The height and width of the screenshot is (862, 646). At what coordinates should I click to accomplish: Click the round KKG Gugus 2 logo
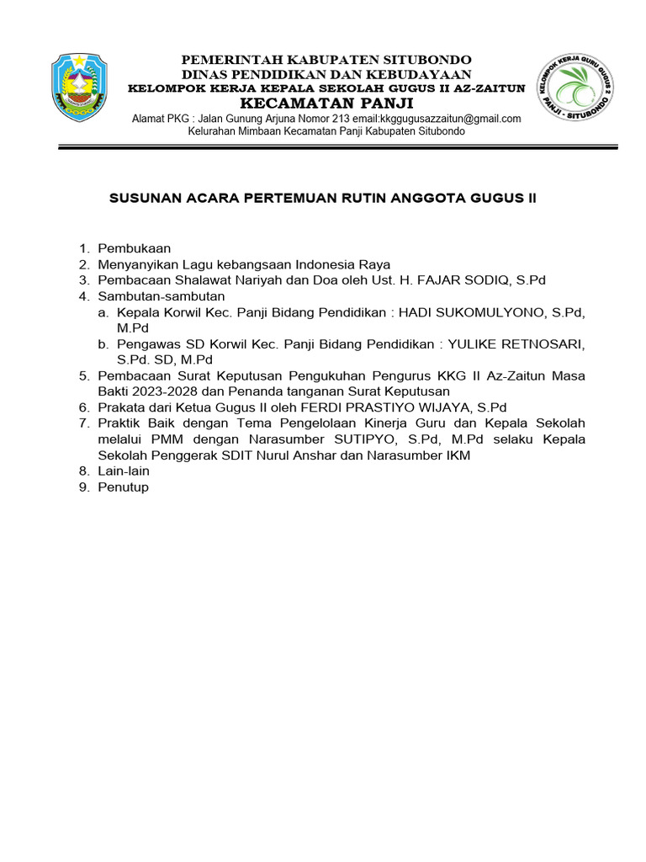tap(575, 88)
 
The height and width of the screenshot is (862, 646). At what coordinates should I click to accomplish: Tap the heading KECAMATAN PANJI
tap(327, 103)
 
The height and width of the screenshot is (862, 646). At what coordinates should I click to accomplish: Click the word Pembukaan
tap(135, 248)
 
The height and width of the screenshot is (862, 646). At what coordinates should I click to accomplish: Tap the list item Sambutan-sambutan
tap(161, 296)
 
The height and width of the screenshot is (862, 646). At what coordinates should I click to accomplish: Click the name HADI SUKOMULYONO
tap(473, 312)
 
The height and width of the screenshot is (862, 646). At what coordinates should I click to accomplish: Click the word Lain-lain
tap(124, 471)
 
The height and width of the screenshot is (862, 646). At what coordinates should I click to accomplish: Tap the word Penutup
tap(124, 487)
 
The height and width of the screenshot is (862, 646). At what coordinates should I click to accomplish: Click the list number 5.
tap(83, 375)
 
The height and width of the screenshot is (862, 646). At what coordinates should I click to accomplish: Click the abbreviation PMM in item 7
tap(167, 439)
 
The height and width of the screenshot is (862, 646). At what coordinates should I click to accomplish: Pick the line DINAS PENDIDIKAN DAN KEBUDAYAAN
tap(327, 74)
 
